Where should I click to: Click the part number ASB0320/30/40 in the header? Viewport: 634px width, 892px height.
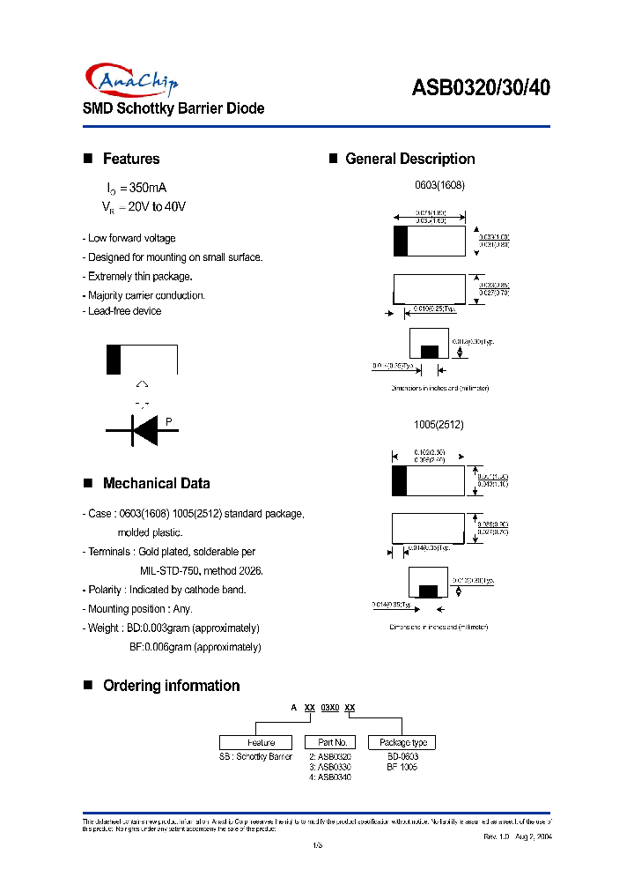(x=482, y=87)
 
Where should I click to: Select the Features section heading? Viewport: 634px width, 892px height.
(x=131, y=159)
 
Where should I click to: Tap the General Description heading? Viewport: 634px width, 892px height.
(x=409, y=159)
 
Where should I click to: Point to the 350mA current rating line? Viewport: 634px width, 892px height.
(x=136, y=188)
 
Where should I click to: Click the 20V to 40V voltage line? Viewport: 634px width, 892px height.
(x=144, y=206)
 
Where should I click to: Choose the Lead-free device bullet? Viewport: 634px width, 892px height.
(x=122, y=311)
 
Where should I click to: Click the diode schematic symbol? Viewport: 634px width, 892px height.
(x=143, y=430)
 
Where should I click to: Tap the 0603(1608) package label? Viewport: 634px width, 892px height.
(x=439, y=186)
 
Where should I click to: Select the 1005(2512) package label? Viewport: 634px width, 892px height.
(x=439, y=424)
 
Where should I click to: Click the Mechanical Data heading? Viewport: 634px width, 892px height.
(x=156, y=483)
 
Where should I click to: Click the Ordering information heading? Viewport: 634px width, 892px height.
(x=171, y=686)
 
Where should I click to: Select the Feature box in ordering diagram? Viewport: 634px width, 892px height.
(x=261, y=742)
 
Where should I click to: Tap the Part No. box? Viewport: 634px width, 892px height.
(x=331, y=742)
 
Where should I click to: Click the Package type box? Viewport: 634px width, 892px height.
(x=402, y=742)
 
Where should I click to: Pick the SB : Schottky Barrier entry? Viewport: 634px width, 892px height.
(x=255, y=756)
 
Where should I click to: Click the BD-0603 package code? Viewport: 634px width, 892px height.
(x=402, y=756)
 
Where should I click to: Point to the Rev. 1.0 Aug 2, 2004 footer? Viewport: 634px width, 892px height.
(x=519, y=836)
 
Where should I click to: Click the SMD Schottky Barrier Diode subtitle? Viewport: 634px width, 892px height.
(x=173, y=108)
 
